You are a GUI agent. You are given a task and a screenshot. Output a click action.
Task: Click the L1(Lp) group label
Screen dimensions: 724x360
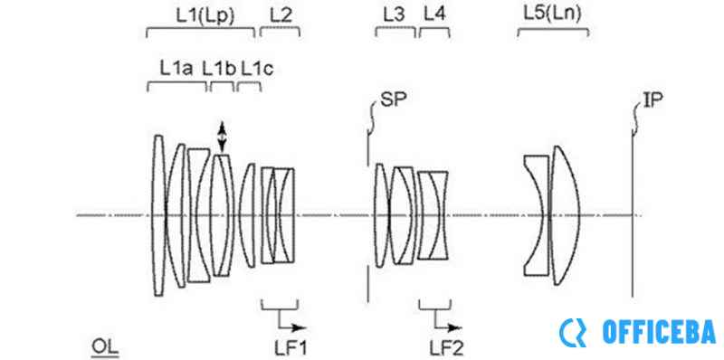[x=205, y=15]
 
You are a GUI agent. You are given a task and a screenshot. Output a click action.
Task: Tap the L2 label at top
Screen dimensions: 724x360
[x=281, y=15]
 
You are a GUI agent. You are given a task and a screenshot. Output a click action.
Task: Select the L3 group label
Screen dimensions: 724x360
[x=394, y=15]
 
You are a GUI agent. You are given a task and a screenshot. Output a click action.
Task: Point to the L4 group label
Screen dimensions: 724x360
[x=434, y=15]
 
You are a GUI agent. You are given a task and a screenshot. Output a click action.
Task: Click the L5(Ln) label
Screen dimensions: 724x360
[x=552, y=14]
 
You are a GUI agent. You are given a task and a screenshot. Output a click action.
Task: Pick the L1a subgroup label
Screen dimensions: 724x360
[x=176, y=69]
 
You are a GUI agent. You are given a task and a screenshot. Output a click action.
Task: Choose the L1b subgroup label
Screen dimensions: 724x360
[x=219, y=69]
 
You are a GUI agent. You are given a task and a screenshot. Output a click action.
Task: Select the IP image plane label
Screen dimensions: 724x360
[x=653, y=100]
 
